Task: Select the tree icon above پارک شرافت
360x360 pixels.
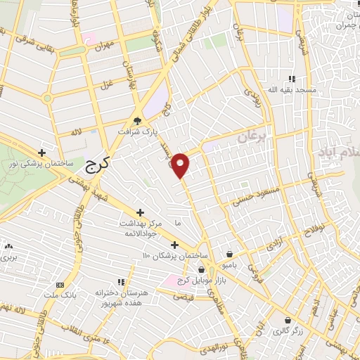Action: [138, 120]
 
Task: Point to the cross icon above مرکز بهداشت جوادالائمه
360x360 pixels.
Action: [140, 212]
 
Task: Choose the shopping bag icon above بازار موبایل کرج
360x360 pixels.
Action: [202, 269]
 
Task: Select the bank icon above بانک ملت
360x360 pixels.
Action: [60, 285]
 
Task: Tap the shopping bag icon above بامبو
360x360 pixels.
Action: [230, 255]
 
